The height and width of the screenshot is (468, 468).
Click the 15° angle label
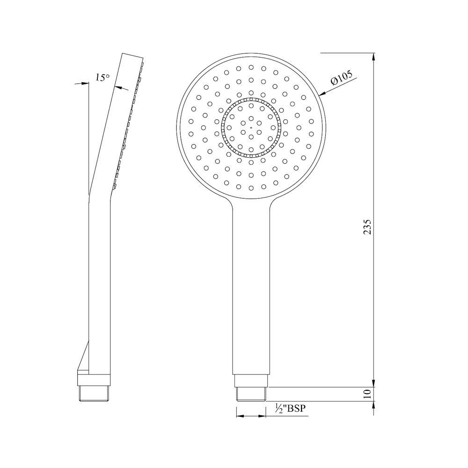pyautogui.click(x=102, y=78)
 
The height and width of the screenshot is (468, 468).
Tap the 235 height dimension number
pyautogui.click(x=367, y=227)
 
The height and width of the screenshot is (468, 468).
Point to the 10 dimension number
pyautogui.click(x=367, y=394)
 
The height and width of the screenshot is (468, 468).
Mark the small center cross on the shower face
pyautogui.click(x=251, y=127)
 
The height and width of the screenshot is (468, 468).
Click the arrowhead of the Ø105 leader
pyautogui.click(x=322, y=94)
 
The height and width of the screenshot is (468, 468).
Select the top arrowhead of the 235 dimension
pyautogui.click(x=373, y=58)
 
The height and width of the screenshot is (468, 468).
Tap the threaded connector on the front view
pyautogui.click(x=250, y=394)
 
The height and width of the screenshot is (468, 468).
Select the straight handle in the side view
pyautogui.click(x=100, y=281)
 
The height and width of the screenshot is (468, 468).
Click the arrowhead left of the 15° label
pyautogui.click(x=85, y=83)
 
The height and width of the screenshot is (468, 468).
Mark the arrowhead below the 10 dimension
pyautogui.click(x=373, y=406)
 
